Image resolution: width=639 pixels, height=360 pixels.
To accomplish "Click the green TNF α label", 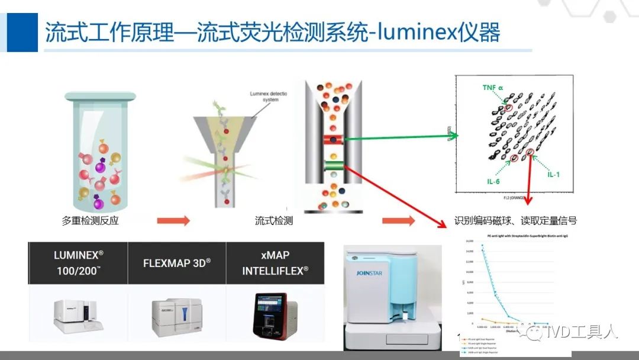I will point(492,88).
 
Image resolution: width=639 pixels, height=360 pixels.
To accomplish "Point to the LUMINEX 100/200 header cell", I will point(78,262).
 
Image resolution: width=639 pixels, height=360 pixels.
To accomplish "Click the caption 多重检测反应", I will point(91,221).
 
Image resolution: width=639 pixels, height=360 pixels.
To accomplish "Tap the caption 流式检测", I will point(274,221).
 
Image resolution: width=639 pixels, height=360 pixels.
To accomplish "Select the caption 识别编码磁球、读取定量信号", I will point(515,221).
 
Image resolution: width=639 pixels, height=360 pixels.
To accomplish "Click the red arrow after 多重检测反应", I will point(173,221).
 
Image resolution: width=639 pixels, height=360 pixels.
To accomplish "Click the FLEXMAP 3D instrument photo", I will point(176,317).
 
